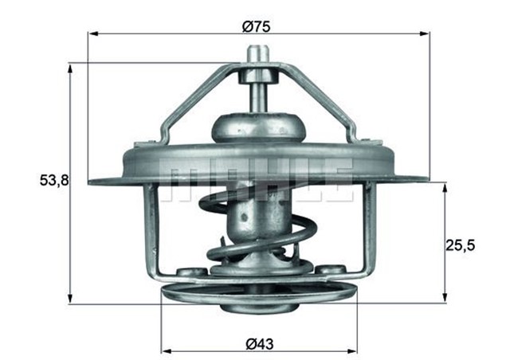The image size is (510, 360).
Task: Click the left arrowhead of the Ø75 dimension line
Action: point(93,34)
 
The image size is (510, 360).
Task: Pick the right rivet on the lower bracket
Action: point(331,269)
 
